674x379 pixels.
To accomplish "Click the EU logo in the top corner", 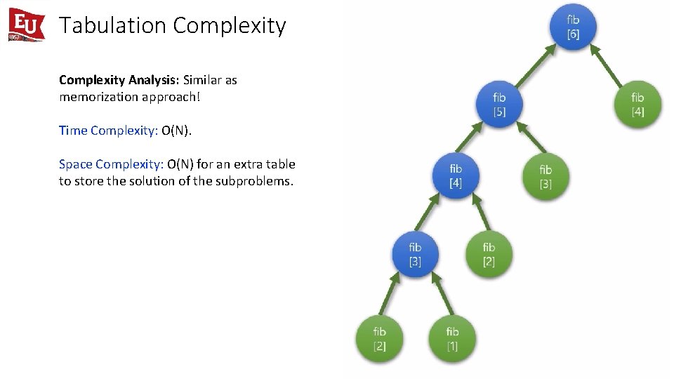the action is (26, 25).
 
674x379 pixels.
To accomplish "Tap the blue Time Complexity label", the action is (108, 131).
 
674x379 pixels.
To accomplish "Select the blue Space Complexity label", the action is (111, 164).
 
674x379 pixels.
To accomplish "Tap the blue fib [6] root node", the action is (573, 27).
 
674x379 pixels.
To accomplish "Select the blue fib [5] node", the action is (499, 104).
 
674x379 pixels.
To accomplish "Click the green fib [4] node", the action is (637, 104).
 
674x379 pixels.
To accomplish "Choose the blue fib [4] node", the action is (456, 175).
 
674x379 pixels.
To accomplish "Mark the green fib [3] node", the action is (546, 176).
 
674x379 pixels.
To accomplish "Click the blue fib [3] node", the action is (415, 254).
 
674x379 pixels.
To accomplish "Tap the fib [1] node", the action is (452, 338).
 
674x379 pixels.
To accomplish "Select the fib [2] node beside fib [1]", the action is (379, 338).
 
